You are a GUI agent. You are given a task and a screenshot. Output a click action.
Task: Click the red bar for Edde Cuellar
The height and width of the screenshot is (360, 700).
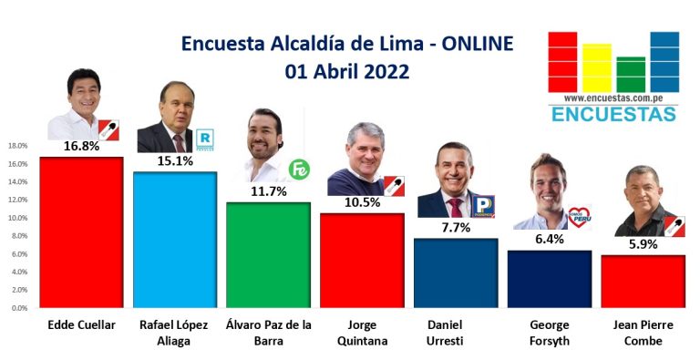[81, 232]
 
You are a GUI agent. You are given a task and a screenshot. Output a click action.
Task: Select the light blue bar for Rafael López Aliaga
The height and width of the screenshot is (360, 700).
[175, 240]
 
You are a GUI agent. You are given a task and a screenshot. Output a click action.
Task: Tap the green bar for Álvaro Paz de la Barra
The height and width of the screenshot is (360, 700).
[268, 255]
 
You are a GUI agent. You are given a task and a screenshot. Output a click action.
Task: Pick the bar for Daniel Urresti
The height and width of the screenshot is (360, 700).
[456, 273]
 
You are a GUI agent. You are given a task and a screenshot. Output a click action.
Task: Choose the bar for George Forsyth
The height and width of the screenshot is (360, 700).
[550, 279]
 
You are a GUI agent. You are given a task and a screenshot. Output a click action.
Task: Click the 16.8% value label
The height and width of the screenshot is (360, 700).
[81, 146]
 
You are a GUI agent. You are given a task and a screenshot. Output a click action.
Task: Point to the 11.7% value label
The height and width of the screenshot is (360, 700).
[268, 191]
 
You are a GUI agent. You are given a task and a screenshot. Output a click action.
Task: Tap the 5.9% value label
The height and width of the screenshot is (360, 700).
[643, 244]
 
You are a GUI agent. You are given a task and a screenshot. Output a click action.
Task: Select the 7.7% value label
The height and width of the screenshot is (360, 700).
[456, 228]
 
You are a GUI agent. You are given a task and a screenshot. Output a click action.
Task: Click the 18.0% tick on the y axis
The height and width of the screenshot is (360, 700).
[18, 146]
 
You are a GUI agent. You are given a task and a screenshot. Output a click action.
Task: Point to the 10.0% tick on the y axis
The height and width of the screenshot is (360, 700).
[18, 218]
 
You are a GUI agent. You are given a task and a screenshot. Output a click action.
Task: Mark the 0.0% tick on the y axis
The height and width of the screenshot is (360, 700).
[19, 308]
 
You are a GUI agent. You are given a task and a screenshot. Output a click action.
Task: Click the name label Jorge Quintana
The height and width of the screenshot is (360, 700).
[362, 334]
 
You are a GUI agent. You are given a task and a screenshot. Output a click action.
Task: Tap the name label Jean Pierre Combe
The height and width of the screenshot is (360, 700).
[643, 334]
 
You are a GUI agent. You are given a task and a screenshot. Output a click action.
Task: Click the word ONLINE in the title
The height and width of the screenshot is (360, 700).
[478, 44]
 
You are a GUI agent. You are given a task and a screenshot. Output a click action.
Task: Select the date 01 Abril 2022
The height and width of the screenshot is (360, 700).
[347, 71]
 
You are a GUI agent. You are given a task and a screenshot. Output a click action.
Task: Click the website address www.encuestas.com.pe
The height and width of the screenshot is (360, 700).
[613, 98]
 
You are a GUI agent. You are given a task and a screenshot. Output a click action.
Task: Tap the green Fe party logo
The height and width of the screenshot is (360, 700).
[299, 170]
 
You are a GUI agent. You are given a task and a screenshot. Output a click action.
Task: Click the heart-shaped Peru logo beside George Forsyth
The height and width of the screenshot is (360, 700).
[580, 218]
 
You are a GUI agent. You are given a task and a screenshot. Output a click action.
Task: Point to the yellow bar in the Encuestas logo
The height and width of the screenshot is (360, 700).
[597, 67]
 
